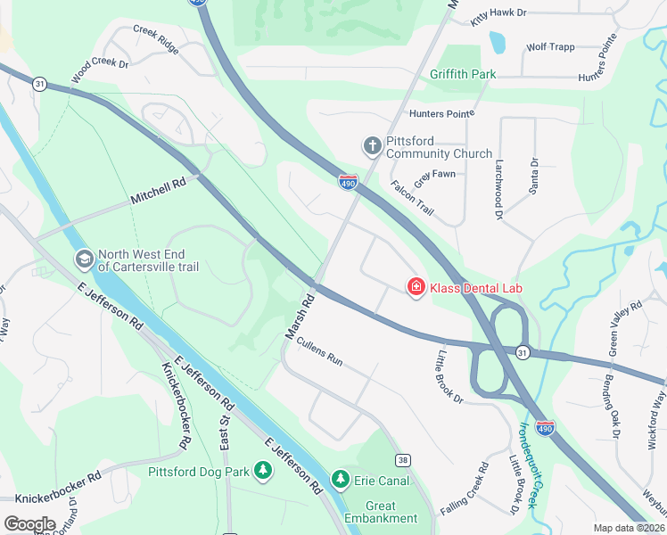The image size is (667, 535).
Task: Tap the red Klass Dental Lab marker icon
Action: pos(416,287)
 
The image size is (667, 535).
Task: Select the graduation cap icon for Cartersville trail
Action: pos(84,259)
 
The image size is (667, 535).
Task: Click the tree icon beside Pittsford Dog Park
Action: pos(262,470)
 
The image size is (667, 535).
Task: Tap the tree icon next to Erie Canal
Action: pos(340,481)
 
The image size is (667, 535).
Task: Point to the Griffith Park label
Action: pos(463,74)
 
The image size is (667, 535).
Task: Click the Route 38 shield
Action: pos(404,459)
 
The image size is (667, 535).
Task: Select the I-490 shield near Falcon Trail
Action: pos(348,183)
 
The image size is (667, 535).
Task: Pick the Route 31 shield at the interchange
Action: pos(523,352)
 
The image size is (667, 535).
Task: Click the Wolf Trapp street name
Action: pos(550,46)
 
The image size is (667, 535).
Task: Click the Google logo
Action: pos(29,524)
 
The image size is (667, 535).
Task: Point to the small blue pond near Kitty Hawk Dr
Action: pos(497,41)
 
